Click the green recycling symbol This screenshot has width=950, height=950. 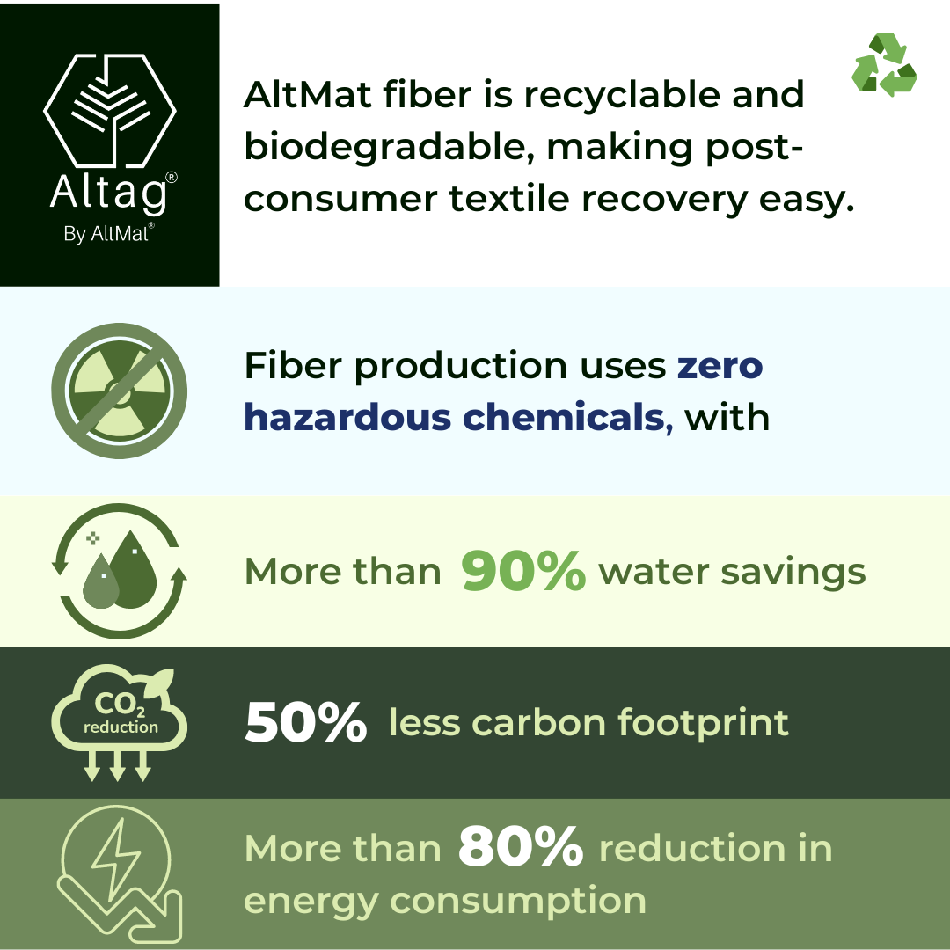point(884,65)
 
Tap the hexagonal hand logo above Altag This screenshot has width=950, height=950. point(110,110)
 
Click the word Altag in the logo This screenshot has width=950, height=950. point(109,194)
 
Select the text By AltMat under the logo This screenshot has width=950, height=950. point(106,234)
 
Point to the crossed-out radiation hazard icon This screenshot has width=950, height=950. point(120,391)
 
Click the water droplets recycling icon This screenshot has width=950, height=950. point(120,571)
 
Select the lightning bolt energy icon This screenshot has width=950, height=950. point(120,873)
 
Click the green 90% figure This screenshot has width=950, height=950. point(523,570)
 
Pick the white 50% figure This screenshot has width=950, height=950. point(306,721)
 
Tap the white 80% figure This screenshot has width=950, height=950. point(521,846)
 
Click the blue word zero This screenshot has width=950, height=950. point(720,366)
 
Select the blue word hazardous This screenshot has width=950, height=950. point(347,417)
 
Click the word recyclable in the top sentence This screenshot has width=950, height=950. point(622,97)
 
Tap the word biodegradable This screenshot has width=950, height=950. point(390,149)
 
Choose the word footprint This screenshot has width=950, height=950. point(703,723)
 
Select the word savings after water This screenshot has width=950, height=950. point(793,574)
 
